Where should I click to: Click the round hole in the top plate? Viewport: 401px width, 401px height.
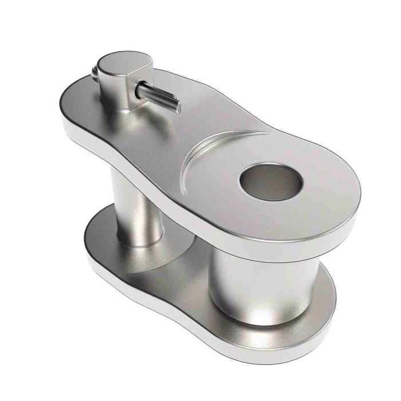tap(271, 182)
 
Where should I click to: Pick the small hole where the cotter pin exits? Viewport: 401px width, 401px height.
tap(139, 87)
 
